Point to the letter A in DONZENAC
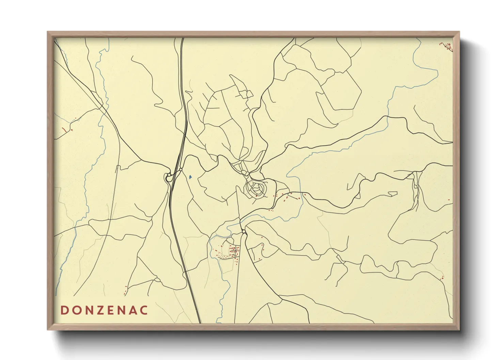134,310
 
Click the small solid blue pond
190,177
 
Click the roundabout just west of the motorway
168,176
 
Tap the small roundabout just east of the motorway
181,169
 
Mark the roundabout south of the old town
244,232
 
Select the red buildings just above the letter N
125,290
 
